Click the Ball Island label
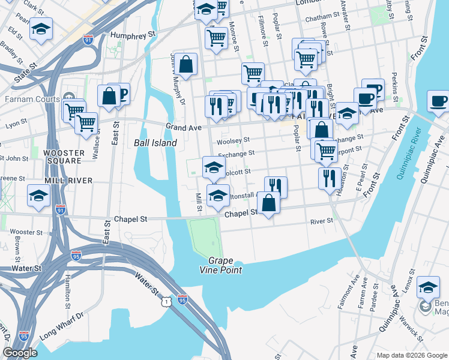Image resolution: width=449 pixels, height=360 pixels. [x=155, y=143]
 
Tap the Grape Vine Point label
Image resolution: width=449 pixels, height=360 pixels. [x=225, y=265]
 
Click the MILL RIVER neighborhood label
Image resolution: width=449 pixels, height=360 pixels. [x=68, y=180]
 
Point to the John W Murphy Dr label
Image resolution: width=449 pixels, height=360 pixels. [x=178, y=79]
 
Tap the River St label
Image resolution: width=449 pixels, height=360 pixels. [x=321, y=221]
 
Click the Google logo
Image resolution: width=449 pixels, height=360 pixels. [x=20, y=353]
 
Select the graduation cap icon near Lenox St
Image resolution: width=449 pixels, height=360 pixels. [x=428, y=288]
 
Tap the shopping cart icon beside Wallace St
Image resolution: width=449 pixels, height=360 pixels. [x=86, y=122]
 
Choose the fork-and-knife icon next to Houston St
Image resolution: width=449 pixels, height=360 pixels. [x=329, y=178]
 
